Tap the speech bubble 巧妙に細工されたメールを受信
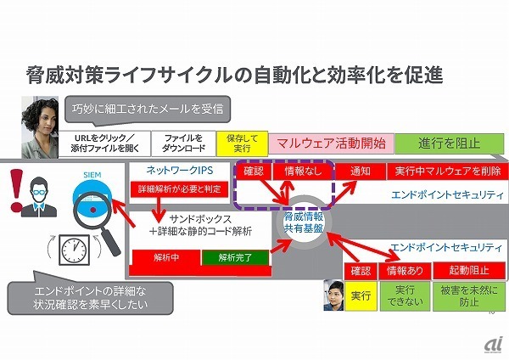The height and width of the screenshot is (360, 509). pos(150,108)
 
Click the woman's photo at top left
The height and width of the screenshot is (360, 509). pos(38,124)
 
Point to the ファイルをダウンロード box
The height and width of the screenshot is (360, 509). pos(182,142)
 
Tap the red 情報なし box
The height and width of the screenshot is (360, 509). pos(304,171)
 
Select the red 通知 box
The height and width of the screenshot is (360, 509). pos(361,171)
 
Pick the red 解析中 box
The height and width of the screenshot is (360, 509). pos(165,256)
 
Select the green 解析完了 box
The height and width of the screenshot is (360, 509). pos(234,256)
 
